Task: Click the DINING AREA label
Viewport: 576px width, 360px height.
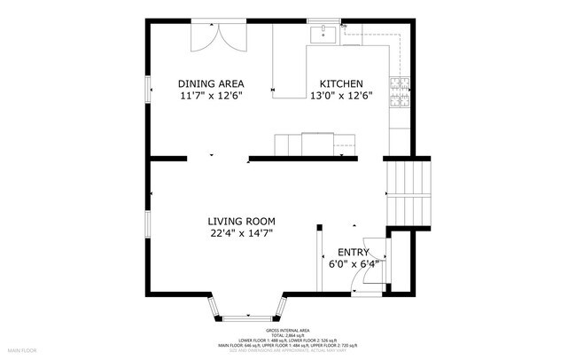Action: click(211, 82)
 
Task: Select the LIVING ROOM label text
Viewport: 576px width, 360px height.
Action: click(241, 221)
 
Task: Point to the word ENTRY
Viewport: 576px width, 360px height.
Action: click(353, 252)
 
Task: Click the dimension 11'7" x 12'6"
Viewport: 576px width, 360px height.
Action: click(211, 95)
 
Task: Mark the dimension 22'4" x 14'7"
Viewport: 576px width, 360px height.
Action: click(241, 233)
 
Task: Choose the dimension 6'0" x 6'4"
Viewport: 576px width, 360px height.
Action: click(354, 263)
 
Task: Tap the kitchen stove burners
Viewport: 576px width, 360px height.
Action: click(402, 90)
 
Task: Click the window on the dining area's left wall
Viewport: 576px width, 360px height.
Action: click(147, 91)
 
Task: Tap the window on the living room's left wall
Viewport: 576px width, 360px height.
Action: click(147, 225)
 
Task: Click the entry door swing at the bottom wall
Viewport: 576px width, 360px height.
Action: click(363, 279)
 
